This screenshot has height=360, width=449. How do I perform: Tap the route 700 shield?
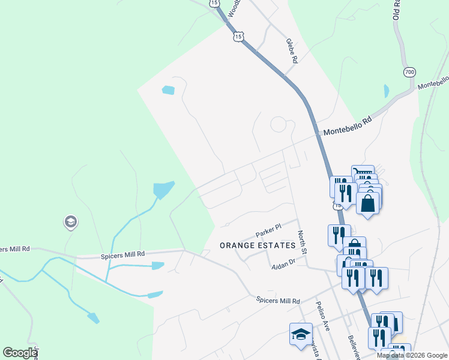[409, 72]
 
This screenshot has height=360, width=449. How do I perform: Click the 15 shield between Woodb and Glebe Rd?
[239, 37]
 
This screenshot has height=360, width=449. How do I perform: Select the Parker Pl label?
[268, 230]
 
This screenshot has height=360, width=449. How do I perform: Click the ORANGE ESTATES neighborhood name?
[258, 245]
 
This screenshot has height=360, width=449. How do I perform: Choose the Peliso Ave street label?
[324, 316]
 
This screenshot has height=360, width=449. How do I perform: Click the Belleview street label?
[353, 347]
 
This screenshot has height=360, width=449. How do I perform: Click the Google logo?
[20, 353]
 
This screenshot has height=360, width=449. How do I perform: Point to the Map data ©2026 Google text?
[412, 355]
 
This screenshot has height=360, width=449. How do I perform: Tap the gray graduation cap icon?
[71, 223]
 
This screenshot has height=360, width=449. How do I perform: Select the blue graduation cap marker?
[301, 334]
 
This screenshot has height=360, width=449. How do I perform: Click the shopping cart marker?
[363, 173]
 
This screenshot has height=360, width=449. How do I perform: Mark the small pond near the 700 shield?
[386, 91]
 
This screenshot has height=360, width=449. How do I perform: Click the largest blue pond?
[163, 190]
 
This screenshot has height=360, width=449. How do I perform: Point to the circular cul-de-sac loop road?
[279, 125]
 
